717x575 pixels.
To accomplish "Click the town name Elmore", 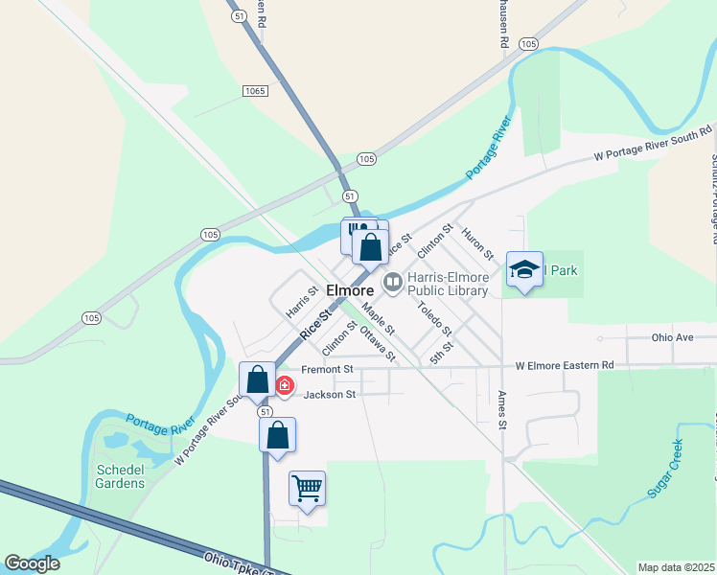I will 349,290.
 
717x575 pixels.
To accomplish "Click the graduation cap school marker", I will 524,269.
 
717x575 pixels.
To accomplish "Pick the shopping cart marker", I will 307,489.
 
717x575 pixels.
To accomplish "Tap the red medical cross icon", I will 285,385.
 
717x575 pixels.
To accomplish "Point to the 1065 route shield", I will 254,90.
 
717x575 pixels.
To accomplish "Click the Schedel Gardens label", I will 121,476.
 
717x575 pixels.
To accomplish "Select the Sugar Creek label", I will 663,470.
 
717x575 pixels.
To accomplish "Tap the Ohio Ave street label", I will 672,337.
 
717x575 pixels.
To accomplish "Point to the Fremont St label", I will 327,369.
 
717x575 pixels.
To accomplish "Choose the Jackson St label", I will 330,394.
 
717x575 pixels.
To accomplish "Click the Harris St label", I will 301,301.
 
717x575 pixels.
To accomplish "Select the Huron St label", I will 476,242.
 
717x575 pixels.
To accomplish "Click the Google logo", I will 32,563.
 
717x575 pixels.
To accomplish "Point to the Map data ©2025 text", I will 675,567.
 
